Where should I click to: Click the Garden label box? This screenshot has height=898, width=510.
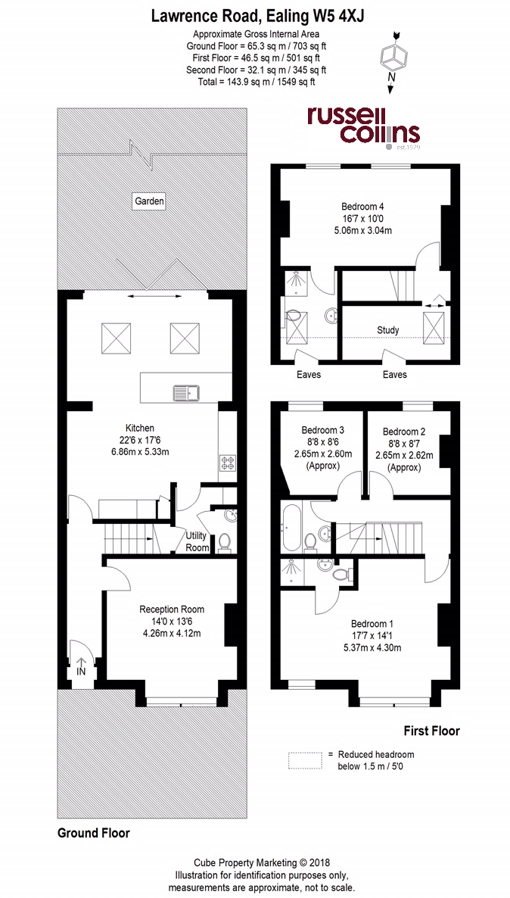coord(149,201)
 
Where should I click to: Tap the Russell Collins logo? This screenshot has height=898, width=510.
coord(363,125)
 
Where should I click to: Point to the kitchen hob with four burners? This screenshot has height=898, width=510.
coord(226,462)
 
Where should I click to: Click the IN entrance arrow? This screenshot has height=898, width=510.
coord(81,666)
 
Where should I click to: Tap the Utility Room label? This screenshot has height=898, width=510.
coord(197,541)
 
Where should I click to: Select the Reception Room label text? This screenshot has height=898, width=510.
coord(172,609)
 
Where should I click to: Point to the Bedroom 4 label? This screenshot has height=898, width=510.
coord(362,206)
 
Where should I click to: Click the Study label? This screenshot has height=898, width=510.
coord(387,330)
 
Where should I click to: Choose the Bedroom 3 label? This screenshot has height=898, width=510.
coord(322,430)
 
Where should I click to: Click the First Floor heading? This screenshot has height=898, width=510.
coord(430,731)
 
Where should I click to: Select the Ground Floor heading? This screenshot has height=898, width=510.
coord(94,833)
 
